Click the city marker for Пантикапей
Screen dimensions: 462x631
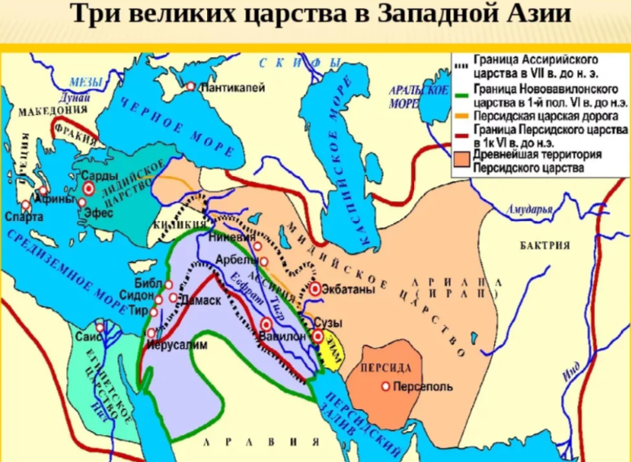tap(190, 86)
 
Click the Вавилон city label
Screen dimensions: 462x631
tap(285, 335)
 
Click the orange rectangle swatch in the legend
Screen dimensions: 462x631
tap(463, 161)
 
